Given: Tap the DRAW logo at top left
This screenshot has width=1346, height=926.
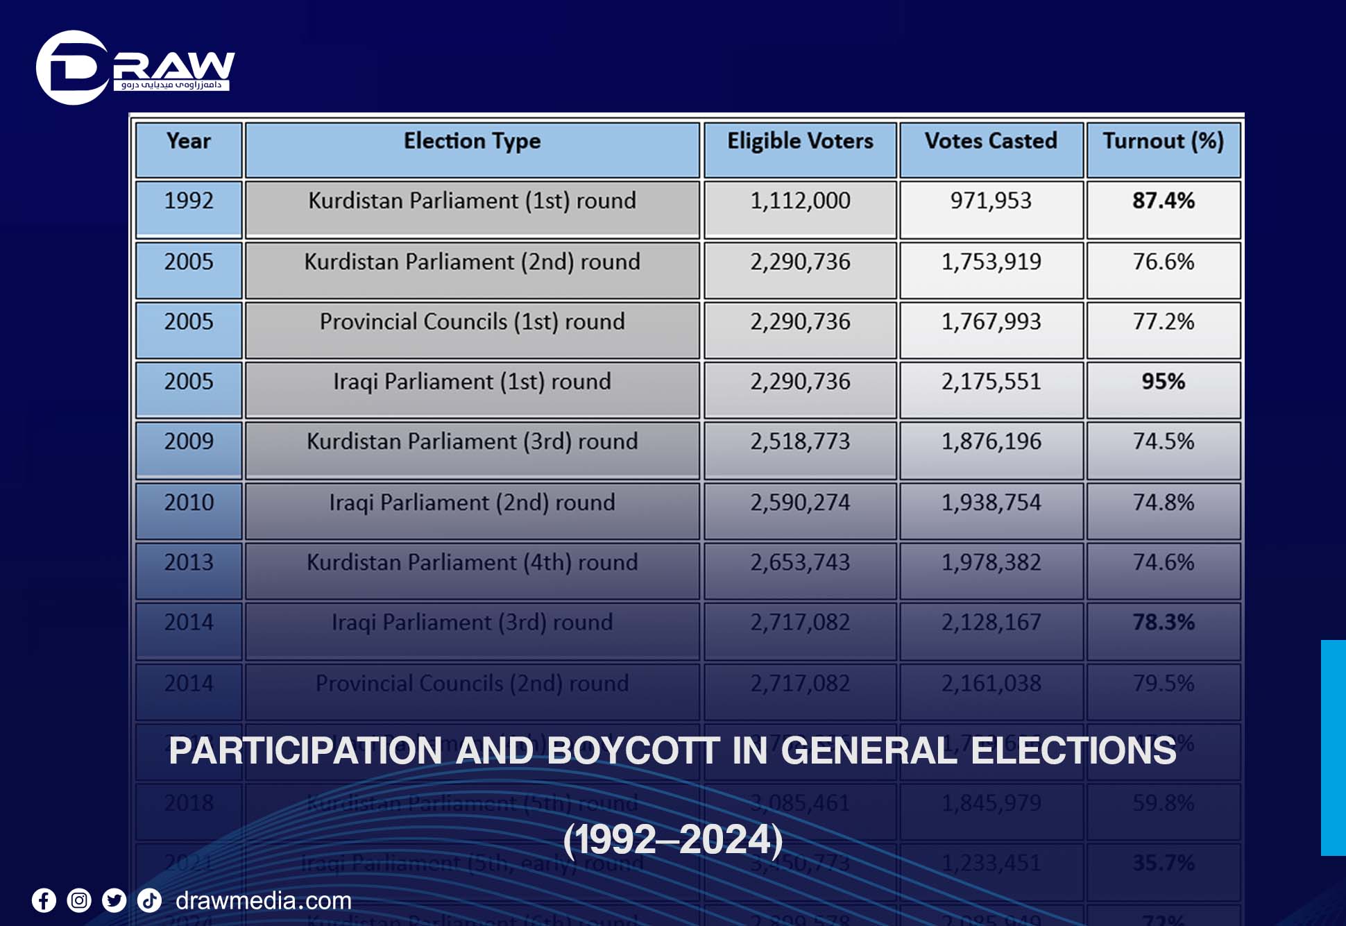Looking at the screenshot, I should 135,68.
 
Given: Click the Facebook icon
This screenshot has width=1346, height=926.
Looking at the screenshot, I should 44,901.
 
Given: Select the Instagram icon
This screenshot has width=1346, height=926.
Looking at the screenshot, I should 79,901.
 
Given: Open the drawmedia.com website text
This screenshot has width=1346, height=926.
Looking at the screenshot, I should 263,901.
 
